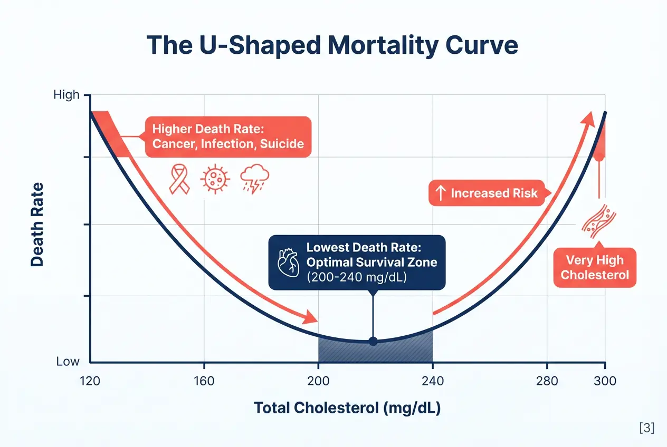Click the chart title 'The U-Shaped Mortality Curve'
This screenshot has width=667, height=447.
[x=332, y=46]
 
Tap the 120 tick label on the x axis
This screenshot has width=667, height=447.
[x=90, y=381]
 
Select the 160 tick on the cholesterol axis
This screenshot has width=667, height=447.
[x=204, y=381]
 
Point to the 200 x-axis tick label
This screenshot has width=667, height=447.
[x=318, y=381]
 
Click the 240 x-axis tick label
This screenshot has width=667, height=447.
[x=432, y=381]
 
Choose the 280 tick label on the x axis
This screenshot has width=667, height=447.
[x=547, y=381]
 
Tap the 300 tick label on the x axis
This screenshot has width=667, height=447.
[x=605, y=381]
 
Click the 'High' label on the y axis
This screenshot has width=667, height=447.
[x=66, y=95]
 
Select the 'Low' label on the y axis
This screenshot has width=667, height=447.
[x=68, y=362]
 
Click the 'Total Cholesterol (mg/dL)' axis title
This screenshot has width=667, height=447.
[x=347, y=409]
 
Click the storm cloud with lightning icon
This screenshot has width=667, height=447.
[x=255, y=179]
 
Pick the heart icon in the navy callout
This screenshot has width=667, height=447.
[x=288, y=262]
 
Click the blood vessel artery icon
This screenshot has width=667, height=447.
[x=598, y=220]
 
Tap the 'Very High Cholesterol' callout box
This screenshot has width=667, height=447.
[x=595, y=267]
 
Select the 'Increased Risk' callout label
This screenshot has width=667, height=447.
[x=488, y=193]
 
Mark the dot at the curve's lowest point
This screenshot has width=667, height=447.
[x=373, y=342]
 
